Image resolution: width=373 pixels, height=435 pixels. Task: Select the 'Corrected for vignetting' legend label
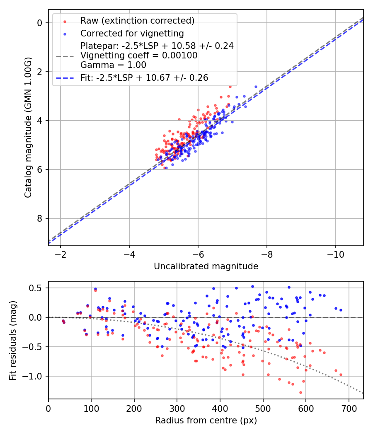tap(132, 33)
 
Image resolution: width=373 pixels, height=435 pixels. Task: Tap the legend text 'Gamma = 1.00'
tap(113, 65)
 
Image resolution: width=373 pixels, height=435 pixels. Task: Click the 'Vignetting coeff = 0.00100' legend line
tap(139, 55)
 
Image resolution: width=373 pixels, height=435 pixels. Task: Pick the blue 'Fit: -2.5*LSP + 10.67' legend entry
tap(144, 77)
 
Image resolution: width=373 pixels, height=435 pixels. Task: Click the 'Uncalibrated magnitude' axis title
tap(206, 266)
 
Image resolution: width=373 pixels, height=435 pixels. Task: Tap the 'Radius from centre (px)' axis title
tap(206, 420)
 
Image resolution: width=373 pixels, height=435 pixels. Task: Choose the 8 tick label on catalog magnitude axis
tap(40, 218)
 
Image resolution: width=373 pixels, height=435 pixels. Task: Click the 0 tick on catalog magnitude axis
tap(40, 23)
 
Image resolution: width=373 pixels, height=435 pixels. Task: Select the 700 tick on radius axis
tap(349, 408)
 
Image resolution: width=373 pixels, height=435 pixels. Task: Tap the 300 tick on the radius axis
tap(177, 408)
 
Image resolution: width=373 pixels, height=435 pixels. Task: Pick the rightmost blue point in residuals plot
tap(341, 310)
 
